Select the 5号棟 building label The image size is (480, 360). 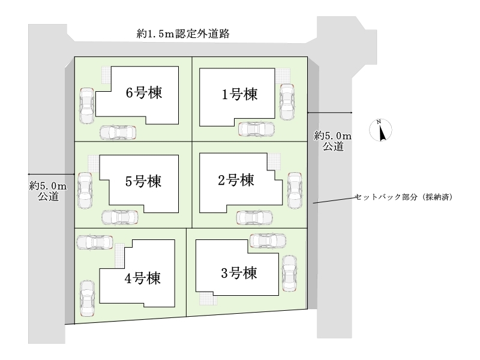click(x=144, y=181)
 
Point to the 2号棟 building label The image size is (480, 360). click(x=235, y=179)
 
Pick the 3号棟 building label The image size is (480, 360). click(x=239, y=274)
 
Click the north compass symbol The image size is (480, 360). click(x=380, y=130)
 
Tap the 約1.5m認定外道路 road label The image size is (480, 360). click(x=184, y=35)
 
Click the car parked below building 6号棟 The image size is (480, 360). click(x=118, y=132)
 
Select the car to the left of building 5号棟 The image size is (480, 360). click(x=85, y=190)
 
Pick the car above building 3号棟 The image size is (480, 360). click(x=268, y=241)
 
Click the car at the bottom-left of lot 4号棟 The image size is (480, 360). click(x=86, y=299)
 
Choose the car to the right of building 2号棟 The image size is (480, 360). click(x=295, y=190)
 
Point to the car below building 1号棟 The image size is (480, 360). click(x=256, y=129)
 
